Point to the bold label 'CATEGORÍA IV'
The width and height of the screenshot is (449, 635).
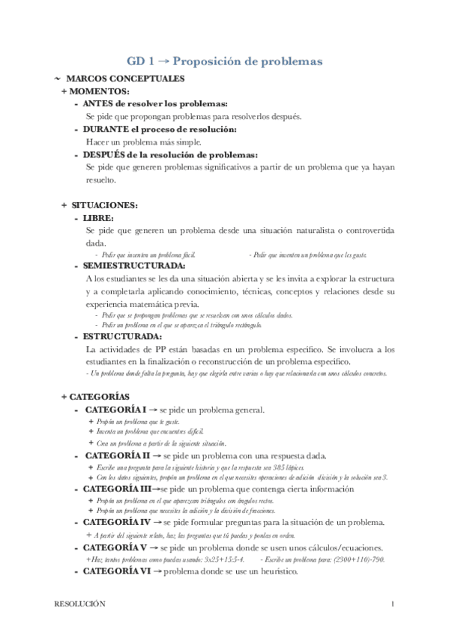pos(117,521)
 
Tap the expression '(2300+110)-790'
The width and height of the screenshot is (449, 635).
pos(359,560)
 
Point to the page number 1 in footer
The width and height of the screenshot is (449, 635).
pos(392,603)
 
